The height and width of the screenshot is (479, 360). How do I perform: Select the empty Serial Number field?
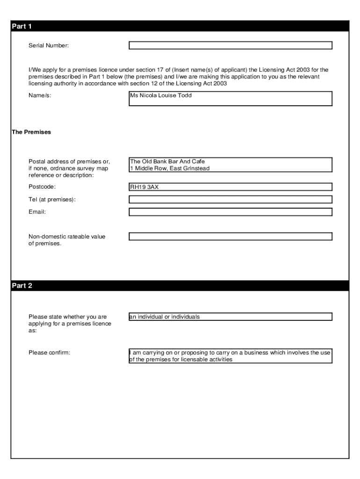tap(230, 45)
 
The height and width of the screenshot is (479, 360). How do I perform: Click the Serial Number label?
tap(49, 45)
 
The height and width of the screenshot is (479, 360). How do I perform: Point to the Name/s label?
tap(40, 95)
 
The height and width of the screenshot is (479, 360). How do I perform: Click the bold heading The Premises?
tap(31, 132)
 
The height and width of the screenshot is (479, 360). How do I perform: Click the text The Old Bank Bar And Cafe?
tap(167, 161)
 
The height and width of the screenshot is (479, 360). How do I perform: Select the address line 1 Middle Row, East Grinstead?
tap(170, 168)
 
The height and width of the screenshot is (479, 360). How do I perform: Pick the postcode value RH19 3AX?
tap(144, 187)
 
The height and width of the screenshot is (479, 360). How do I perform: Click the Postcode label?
tap(42, 187)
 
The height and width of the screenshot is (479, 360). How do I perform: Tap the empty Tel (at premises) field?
tap(230, 199)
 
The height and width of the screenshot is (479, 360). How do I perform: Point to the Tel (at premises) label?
tap(52, 200)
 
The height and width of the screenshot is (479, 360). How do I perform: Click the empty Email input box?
tap(230, 212)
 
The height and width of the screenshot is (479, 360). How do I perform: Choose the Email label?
tap(37, 212)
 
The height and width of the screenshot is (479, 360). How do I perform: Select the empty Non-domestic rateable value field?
tap(230, 236)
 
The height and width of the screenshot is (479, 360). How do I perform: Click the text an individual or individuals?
tap(165, 317)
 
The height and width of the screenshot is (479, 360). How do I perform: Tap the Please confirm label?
tap(50, 352)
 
